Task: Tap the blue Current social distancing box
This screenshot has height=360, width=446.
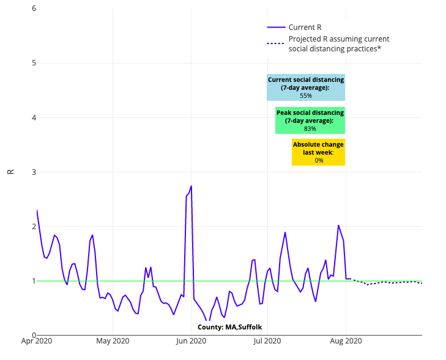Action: click(x=306, y=87)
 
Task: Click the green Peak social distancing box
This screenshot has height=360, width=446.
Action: click(x=310, y=120)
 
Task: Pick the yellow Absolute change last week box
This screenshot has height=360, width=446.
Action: click(x=318, y=152)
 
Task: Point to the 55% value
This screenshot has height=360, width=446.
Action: click(x=306, y=96)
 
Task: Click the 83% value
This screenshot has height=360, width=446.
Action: click(x=310, y=129)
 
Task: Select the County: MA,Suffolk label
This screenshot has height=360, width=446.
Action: click(x=229, y=327)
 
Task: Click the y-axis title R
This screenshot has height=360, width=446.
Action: click(x=10, y=172)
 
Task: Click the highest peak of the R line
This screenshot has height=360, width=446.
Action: click(x=191, y=186)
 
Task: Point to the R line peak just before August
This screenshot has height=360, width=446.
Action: click(x=338, y=225)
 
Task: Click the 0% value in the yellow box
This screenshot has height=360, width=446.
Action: click(x=319, y=161)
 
